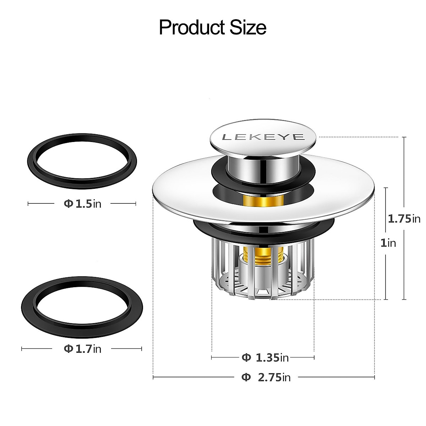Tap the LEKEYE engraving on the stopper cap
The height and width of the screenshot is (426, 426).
263,137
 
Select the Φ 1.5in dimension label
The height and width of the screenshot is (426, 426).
82,204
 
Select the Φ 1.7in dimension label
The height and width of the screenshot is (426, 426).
82,349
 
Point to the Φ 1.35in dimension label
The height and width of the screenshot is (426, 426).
265,357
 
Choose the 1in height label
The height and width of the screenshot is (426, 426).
388,243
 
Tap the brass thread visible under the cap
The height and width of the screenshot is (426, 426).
263,202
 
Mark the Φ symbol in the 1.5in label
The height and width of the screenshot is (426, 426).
68,204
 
